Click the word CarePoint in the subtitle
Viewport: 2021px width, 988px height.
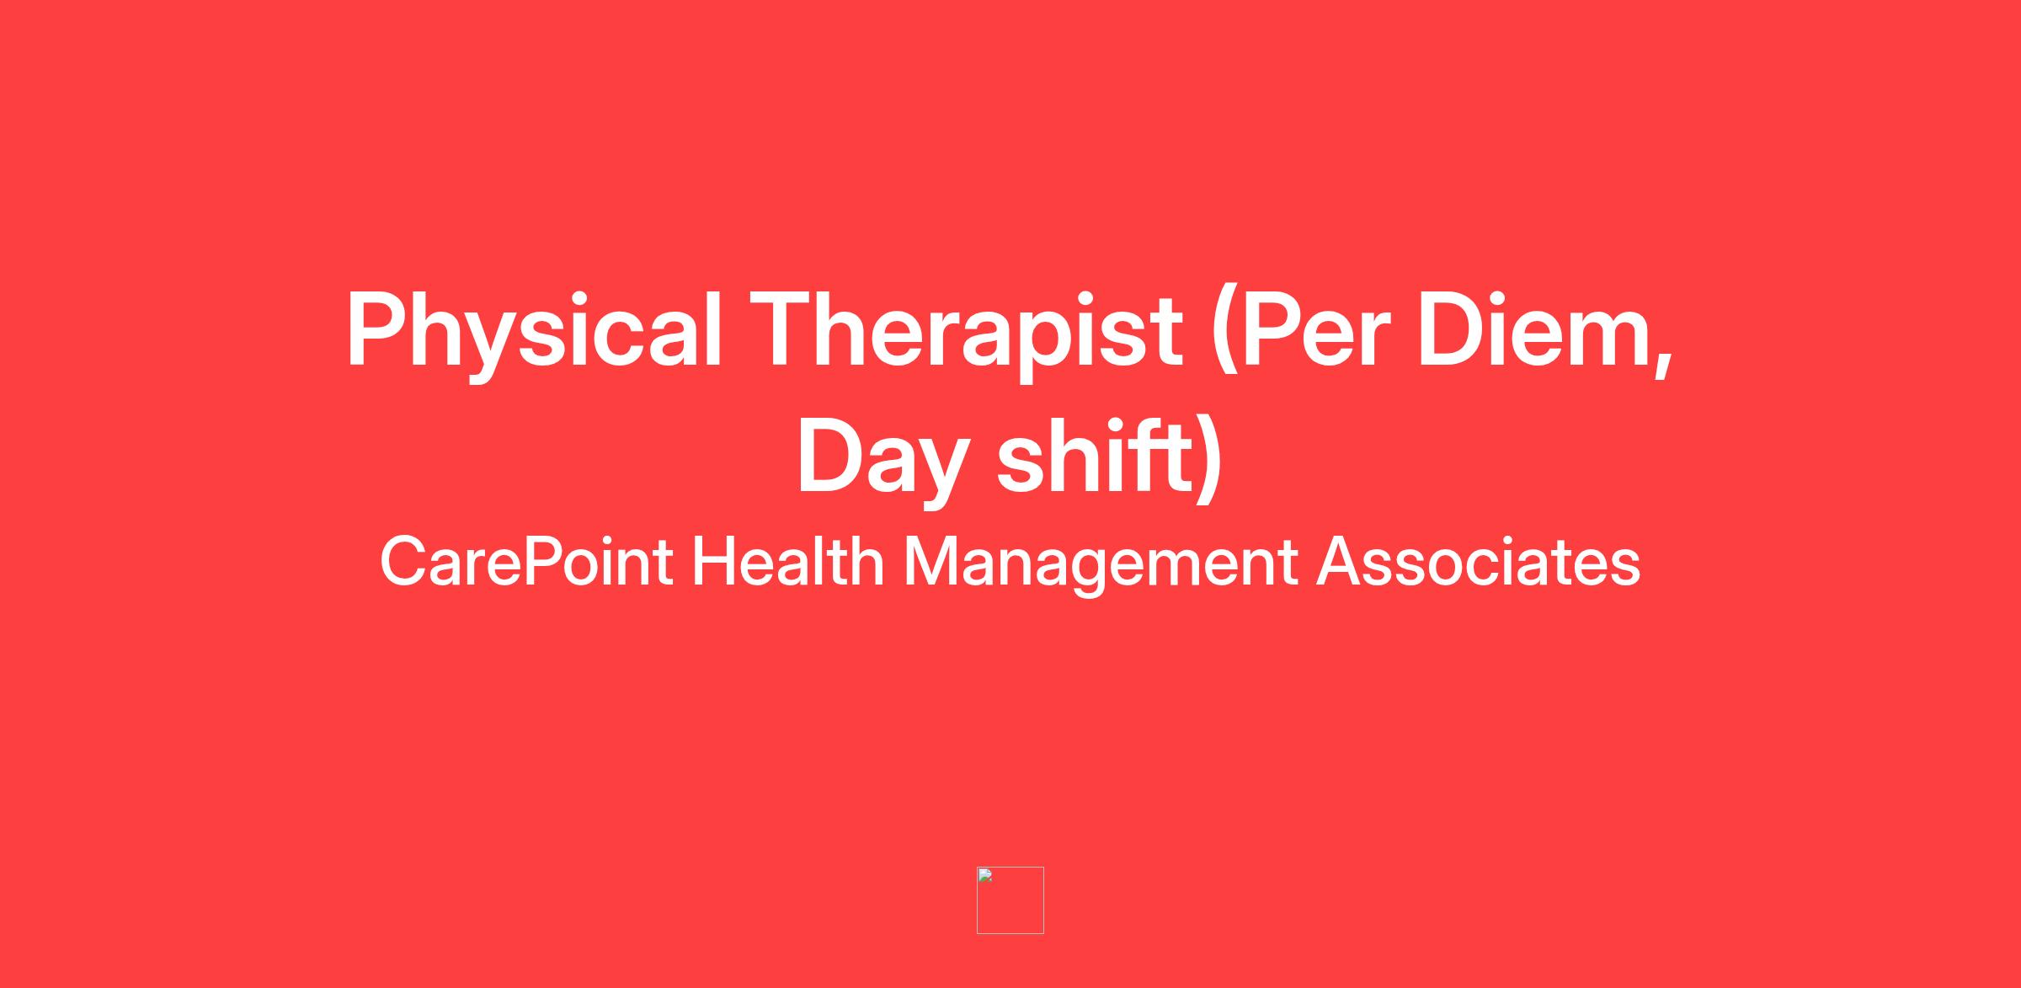tap(526, 562)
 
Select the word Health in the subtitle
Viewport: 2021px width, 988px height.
tap(787, 561)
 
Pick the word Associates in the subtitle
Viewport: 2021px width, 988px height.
tap(1478, 562)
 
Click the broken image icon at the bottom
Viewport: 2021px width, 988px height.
tap(1010, 900)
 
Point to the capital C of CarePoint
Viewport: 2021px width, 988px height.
tap(404, 562)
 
